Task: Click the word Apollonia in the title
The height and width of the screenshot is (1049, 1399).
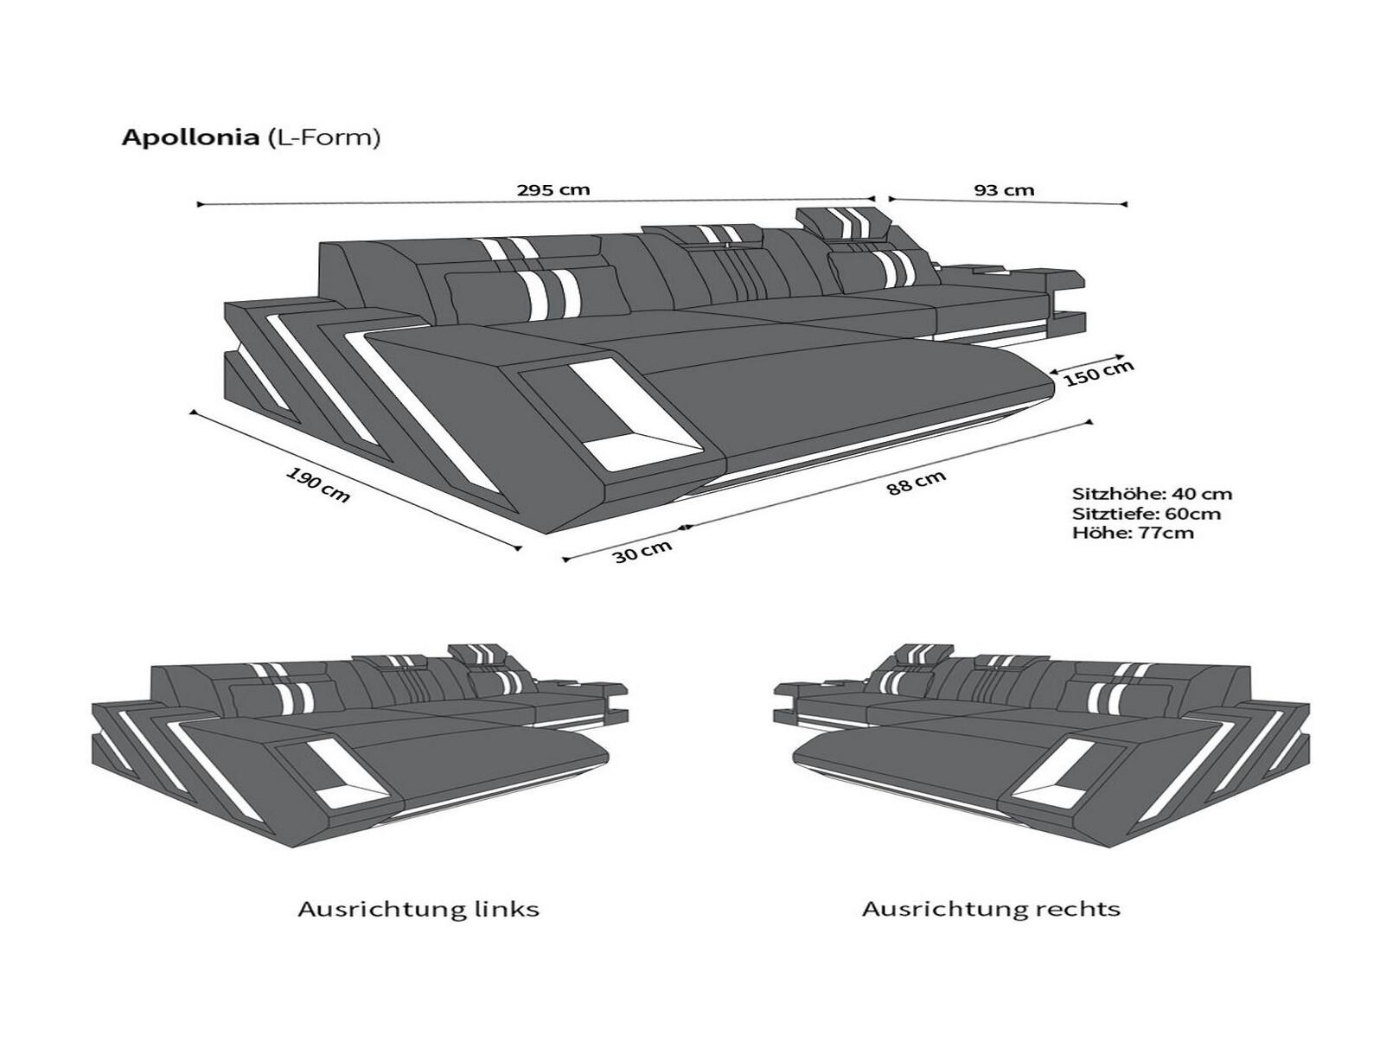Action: [x=190, y=138]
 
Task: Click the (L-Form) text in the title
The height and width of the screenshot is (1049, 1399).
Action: [x=322, y=138]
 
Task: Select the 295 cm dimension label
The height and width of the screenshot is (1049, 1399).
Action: [x=553, y=190]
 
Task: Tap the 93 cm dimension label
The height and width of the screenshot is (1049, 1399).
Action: [x=1005, y=190]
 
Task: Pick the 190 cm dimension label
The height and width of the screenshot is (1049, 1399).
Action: [x=318, y=485]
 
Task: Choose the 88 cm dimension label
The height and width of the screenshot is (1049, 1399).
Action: [x=916, y=483]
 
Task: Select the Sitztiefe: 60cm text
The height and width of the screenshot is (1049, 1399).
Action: [x=1147, y=514]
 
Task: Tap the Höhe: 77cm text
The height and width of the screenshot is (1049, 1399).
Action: [x=1133, y=533]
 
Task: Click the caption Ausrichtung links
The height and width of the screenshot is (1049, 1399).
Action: [x=418, y=910]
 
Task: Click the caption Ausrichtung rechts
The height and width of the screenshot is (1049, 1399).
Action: [x=991, y=910]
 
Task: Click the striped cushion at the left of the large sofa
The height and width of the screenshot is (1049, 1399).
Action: [x=534, y=293]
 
